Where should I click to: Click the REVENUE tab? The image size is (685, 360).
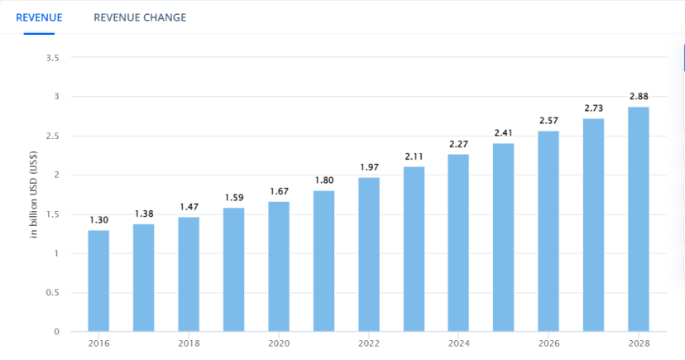click(39, 17)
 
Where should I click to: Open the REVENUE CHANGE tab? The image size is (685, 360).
click(140, 17)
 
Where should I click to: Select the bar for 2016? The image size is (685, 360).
click(98, 281)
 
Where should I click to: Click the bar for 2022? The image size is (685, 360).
click(369, 254)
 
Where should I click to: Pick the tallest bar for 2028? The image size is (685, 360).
click(639, 218)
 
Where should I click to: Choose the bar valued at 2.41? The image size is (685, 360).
click(504, 237)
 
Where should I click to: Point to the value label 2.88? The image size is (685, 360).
click(639, 97)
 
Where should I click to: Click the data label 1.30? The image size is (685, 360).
click(98, 220)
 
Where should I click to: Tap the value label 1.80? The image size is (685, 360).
click(323, 180)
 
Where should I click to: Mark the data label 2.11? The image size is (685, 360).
click(414, 156)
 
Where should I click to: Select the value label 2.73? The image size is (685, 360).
click(594, 108)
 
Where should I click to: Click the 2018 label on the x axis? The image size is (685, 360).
click(189, 343)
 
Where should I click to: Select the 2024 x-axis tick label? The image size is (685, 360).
click(458, 343)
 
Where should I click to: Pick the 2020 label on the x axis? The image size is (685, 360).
click(279, 343)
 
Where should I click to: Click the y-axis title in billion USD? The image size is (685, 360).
click(34, 194)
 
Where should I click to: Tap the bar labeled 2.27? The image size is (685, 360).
click(458, 242)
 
